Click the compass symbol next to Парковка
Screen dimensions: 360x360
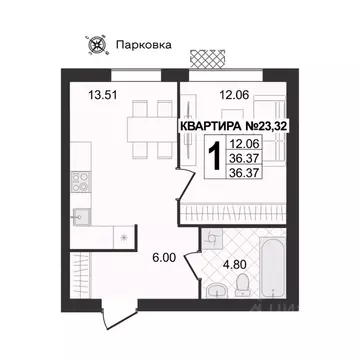pyautogui.click(x=97, y=43)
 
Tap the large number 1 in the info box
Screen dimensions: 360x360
pyautogui.click(x=213, y=157)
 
